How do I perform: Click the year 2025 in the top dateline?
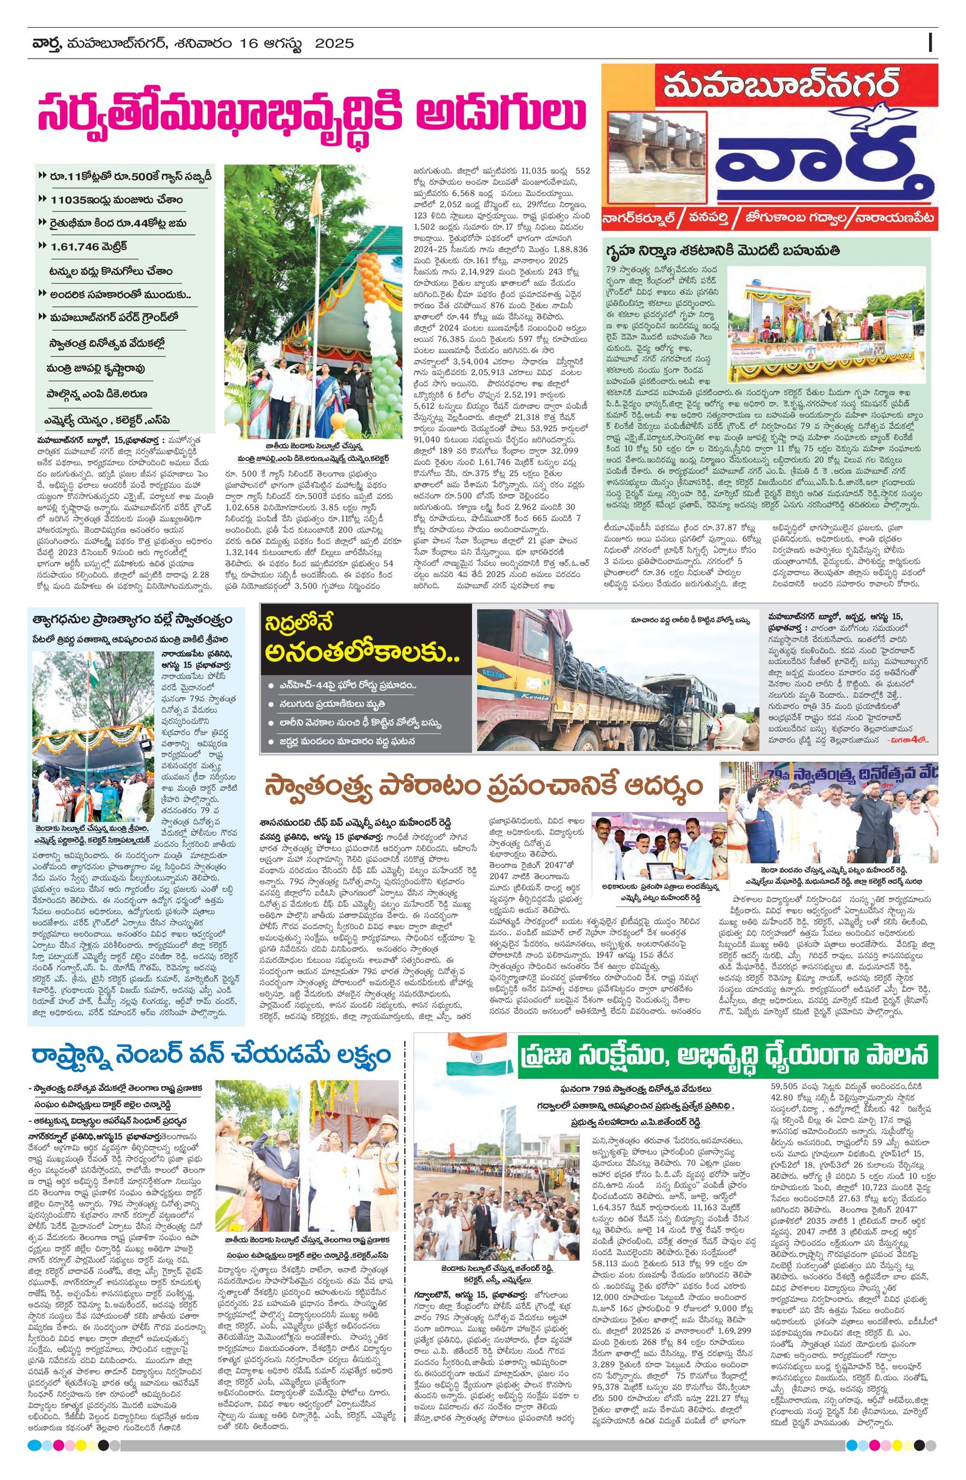(334, 43)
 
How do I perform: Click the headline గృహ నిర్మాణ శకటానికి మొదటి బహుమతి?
(724, 251)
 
